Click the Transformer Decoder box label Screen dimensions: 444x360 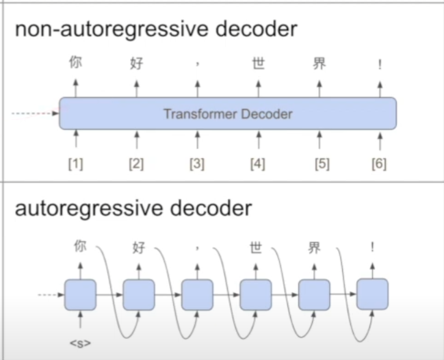tap(228, 114)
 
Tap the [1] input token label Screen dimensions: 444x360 tap(76, 164)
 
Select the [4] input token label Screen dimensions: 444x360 tap(258, 164)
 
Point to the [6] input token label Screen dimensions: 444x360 tap(379, 164)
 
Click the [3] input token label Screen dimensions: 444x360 tap(197, 164)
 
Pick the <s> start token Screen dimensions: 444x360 tap(81, 344)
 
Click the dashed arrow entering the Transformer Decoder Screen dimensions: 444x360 tap(35, 114)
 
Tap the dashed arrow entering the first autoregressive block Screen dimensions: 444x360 tap(51, 295)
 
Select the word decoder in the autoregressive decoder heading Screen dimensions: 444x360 tap(211, 208)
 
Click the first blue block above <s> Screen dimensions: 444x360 tap(81, 295)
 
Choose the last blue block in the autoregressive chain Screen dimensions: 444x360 tap(372, 294)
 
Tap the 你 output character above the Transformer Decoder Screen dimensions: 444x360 tap(76, 62)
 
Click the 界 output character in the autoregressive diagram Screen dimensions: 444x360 tap(314, 248)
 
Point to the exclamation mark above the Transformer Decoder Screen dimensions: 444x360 tap(380, 65)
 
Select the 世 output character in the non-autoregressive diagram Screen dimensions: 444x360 tap(258, 64)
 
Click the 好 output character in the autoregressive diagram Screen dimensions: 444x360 tap(139, 248)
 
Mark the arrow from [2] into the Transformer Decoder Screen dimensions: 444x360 tap(137, 140)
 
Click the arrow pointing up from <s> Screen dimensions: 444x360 tap(81, 320)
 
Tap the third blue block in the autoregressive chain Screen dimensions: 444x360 tap(197, 295)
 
